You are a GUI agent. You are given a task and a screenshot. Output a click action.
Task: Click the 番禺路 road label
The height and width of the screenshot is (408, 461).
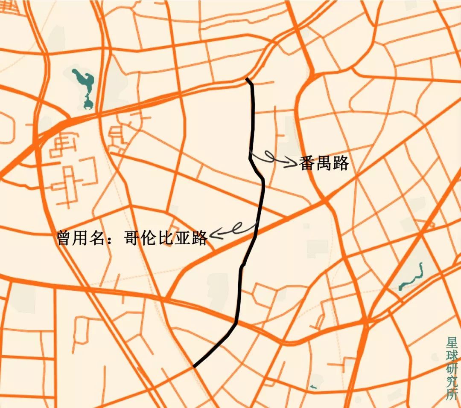[x=324, y=163]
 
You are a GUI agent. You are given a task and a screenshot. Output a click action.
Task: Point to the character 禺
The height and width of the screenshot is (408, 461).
[x=324, y=163]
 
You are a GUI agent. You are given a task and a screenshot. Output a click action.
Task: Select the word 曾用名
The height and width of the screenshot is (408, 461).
[x=81, y=237]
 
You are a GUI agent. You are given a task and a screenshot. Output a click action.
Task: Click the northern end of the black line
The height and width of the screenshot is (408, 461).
[x=247, y=79]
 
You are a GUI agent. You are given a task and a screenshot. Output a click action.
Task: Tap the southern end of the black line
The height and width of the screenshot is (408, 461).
[x=194, y=366]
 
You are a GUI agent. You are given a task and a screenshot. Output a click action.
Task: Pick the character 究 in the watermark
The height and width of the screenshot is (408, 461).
[x=452, y=382]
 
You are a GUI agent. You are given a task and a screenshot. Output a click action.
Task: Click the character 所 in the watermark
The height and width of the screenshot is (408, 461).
[x=452, y=395]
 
